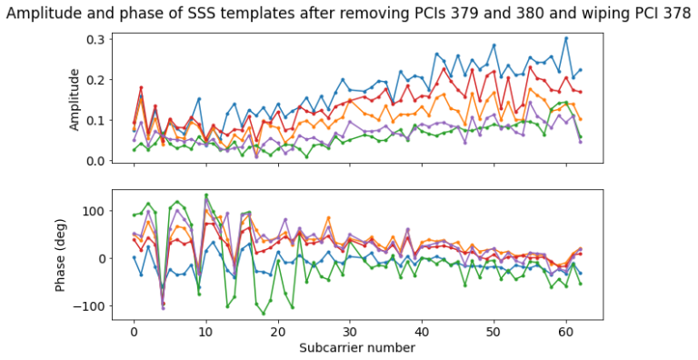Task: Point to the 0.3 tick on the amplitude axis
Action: click(94, 39)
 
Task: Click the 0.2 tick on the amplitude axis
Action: click(94, 80)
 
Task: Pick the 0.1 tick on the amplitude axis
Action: click(94, 120)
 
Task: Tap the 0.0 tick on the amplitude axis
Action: click(94, 161)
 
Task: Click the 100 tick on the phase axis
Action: click(92, 211)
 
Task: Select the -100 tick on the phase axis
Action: click(88, 305)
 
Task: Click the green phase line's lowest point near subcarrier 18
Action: click(264, 314)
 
